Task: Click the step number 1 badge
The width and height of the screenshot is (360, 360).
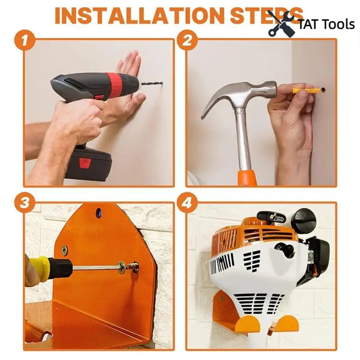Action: click(x=25, y=40)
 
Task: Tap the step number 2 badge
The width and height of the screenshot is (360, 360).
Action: click(x=187, y=40)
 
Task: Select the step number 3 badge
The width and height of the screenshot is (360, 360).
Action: click(x=25, y=203)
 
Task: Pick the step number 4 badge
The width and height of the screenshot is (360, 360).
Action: click(x=187, y=203)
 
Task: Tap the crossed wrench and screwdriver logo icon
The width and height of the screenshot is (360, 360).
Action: click(x=283, y=23)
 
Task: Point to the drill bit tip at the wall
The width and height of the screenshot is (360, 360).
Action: click(x=162, y=83)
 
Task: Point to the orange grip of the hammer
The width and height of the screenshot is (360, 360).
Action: click(x=247, y=177)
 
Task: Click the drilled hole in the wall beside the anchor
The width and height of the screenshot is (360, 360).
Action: click(x=323, y=90)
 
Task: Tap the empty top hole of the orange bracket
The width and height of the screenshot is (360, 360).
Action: click(x=99, y=213)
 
